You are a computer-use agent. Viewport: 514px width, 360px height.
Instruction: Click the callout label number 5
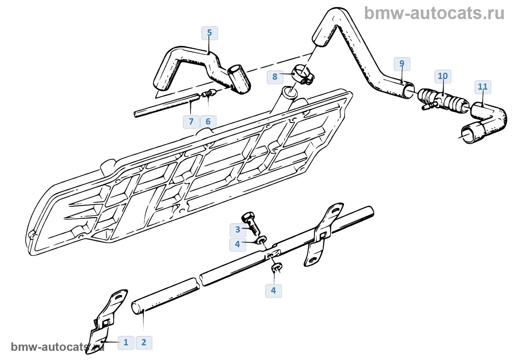[x=209, y=33]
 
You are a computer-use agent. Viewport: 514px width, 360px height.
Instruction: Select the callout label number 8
[x=275, y=77]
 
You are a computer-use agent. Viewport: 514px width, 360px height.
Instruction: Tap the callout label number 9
[x=402, y=64]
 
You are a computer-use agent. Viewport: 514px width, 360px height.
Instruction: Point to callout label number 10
[x=443, y=76]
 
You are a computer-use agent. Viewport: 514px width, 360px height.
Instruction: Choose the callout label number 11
[x=482, y=87]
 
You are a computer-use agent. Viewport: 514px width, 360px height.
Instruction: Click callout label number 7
[x=191, y=122]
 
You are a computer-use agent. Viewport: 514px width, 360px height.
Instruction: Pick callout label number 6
[x=208, y=122]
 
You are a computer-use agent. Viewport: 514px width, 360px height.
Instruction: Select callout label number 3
[x=238, y=230]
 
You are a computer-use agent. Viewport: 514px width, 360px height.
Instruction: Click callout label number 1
[x=126, y=342]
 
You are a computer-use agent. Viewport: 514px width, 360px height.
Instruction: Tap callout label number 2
[x=144, y=342]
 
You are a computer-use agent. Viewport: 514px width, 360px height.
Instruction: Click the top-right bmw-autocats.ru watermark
[x=434, y=13]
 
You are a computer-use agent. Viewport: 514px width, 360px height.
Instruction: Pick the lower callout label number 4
[x=273, y=291]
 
